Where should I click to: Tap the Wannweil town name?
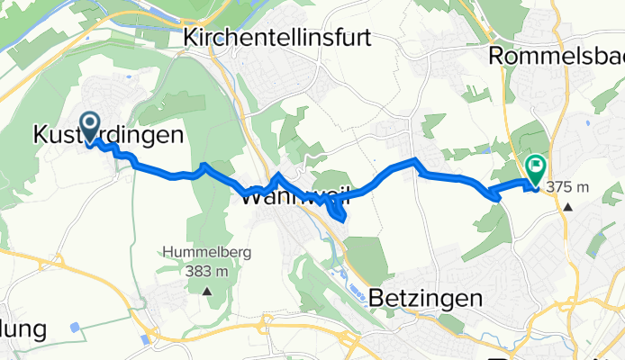click(x=294, y=198)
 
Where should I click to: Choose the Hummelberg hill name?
click(x=206, y=252)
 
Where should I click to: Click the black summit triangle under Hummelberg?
click(x=207, y=291)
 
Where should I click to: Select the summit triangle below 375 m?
click(x=568, y=206)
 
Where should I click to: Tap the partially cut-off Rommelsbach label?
click(x=556, y=56)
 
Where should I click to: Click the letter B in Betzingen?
click(x=376, y=297)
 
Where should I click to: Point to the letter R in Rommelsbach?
click(x=495, y=56)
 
